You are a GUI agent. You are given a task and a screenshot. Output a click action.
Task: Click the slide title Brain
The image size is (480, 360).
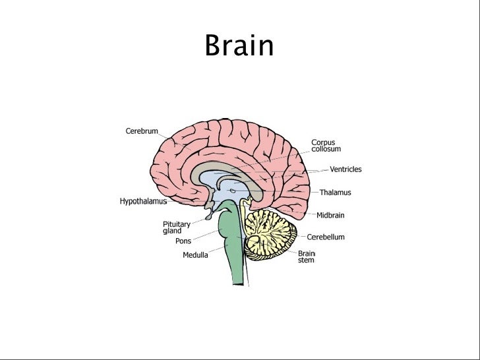point(239,46)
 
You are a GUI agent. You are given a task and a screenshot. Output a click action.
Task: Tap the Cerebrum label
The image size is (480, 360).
point(142,131)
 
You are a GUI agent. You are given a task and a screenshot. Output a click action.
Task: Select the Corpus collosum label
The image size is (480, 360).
point(327,146)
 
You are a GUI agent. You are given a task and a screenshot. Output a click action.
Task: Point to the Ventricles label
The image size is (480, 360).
point(345,169)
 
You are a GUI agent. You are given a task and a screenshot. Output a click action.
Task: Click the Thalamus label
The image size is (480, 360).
point(335,193)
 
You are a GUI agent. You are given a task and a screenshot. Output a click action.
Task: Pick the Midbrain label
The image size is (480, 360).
point(330,215)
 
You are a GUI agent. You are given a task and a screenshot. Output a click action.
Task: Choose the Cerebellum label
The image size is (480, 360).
point(325,237)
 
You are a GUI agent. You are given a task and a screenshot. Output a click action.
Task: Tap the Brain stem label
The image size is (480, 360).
point(307,256)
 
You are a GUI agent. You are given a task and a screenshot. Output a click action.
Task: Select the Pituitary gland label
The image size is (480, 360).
point(176,227)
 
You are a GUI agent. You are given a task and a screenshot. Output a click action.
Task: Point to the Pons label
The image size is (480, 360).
point(183,241)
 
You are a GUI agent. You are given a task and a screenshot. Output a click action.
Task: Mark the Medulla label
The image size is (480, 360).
point(195,256)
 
